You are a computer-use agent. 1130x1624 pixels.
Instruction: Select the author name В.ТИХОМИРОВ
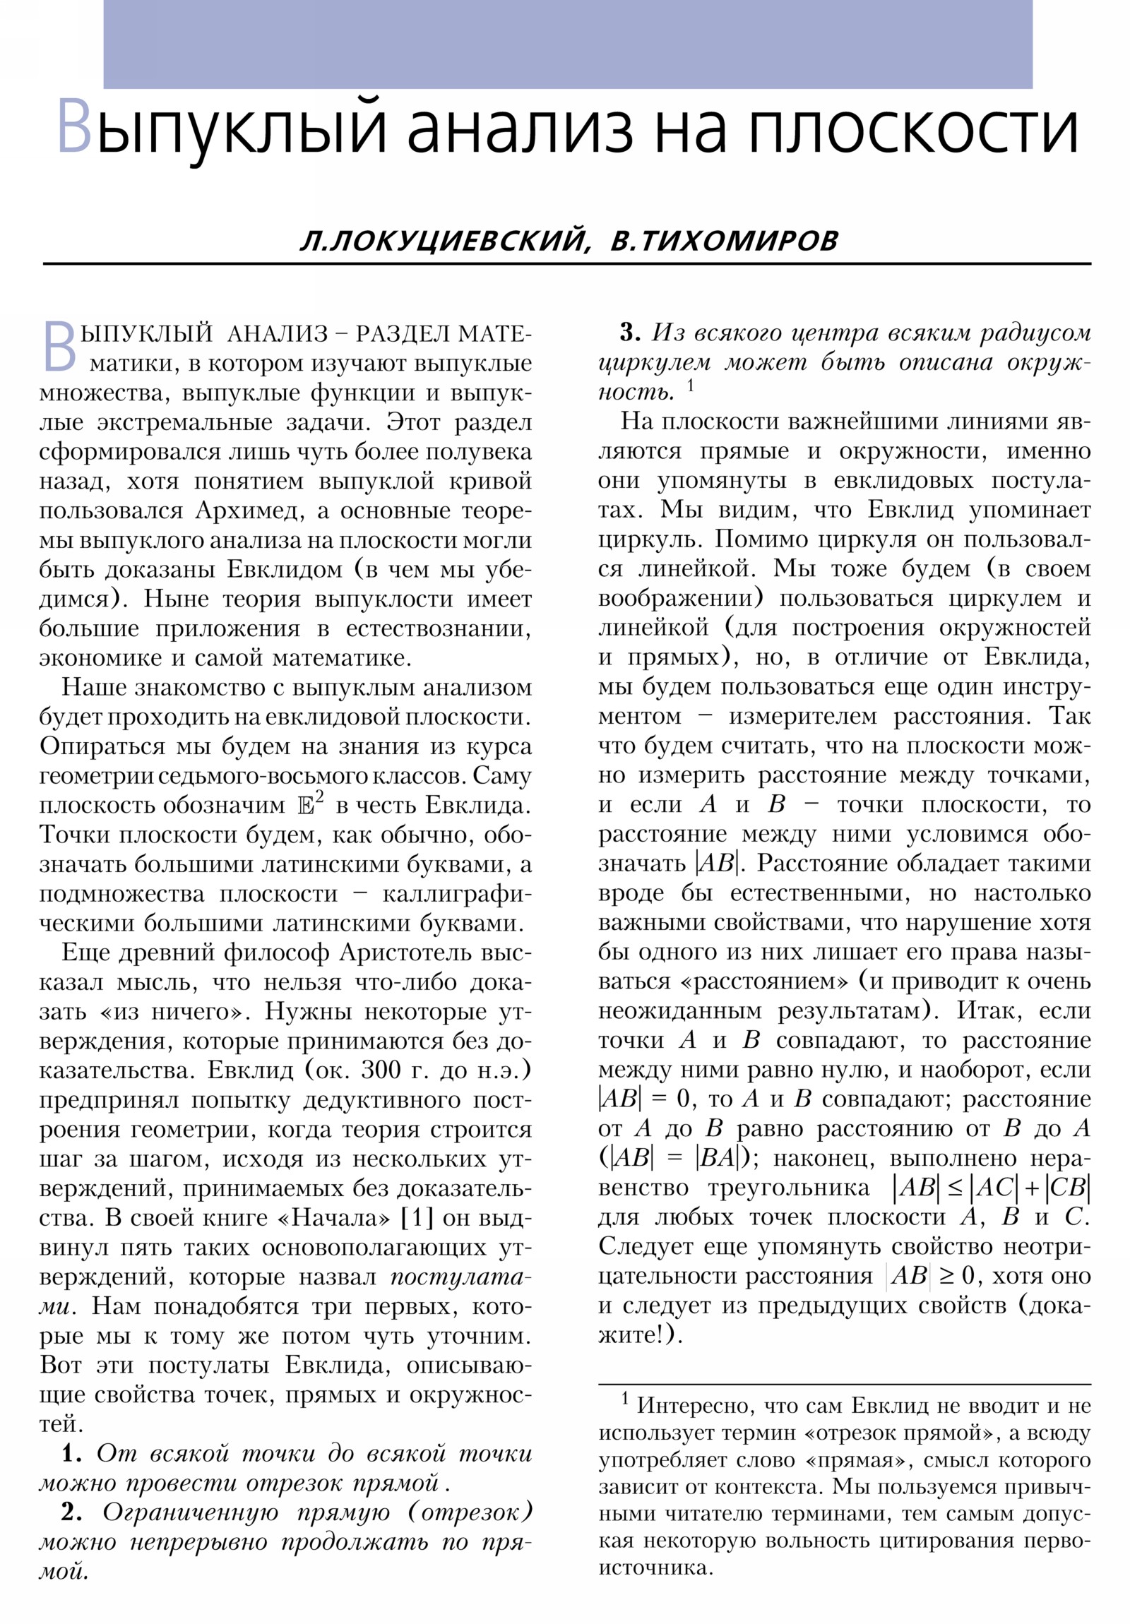(x=723, y=241)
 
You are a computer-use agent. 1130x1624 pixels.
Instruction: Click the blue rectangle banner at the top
(x=568, y=44)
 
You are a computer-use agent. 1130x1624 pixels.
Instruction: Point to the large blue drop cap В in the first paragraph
(x=59, y=346)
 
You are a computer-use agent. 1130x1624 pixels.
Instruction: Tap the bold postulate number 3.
(x=629, y=333)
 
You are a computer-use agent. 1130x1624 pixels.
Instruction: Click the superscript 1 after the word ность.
(x=690, y=386)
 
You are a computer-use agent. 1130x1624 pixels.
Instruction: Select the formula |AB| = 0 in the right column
(x=645, y=1099)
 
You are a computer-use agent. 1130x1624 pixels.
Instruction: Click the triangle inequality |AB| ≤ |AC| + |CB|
(x=990, y=1188)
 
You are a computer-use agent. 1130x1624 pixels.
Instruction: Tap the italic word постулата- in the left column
(x=459, y=1276)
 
